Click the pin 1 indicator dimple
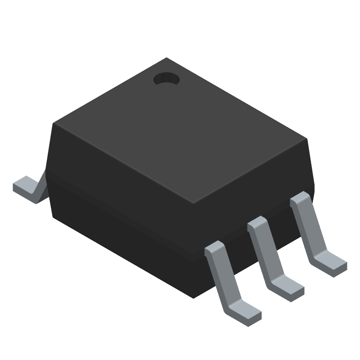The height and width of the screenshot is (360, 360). click(166, 80)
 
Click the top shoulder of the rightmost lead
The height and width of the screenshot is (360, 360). click(300, 198)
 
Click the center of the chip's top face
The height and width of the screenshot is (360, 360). click(180, 130)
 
